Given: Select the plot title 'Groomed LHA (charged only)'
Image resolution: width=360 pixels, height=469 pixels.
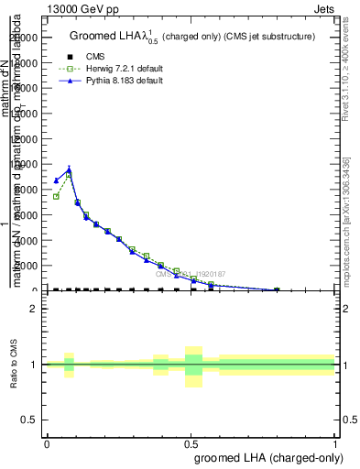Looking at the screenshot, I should pos(191,37).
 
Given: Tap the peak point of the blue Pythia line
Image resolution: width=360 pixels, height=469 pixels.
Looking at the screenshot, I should pos(69,169).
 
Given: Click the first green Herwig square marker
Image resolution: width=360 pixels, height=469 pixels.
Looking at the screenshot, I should pos(56,196).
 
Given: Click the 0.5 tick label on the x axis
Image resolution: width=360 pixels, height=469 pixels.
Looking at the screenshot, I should pos(191,443).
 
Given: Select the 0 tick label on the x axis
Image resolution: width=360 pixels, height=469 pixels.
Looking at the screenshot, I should pos(47,443).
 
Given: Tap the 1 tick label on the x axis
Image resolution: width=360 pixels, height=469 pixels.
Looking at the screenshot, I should pos(335,443).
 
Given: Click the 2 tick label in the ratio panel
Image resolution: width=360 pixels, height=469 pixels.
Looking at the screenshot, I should pos(36,309).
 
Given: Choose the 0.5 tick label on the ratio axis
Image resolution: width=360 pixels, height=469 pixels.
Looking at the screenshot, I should pos(31,420).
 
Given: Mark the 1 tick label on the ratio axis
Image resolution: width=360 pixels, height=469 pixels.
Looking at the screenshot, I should pos(36,365).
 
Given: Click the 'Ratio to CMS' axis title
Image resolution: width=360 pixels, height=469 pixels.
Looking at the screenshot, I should pos(14,365).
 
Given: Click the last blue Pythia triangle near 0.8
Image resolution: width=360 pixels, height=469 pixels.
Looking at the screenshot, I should pos(277,289).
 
